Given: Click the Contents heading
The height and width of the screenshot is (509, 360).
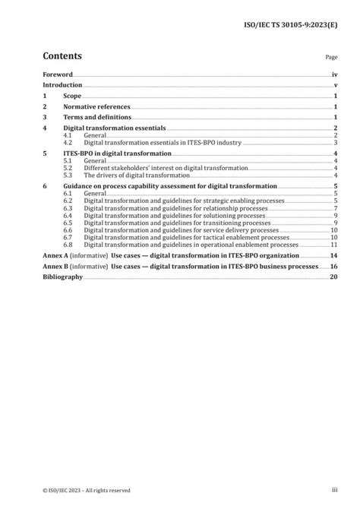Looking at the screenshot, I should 62,56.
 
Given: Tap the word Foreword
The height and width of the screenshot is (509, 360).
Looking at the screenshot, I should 57,75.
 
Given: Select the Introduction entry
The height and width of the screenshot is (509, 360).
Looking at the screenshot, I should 63,86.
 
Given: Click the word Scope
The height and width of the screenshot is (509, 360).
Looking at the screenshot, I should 72,96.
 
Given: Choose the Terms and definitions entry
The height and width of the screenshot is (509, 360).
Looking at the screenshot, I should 97,119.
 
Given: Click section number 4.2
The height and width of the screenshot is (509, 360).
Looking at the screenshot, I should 68,142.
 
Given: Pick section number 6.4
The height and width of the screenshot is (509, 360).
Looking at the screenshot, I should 68,216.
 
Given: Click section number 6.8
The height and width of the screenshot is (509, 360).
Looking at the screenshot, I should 68,244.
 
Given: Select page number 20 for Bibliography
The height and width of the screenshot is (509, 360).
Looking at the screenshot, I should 333,277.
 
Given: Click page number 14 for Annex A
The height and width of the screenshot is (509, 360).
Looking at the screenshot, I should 333,256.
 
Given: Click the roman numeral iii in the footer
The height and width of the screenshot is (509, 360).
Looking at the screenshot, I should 333,490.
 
